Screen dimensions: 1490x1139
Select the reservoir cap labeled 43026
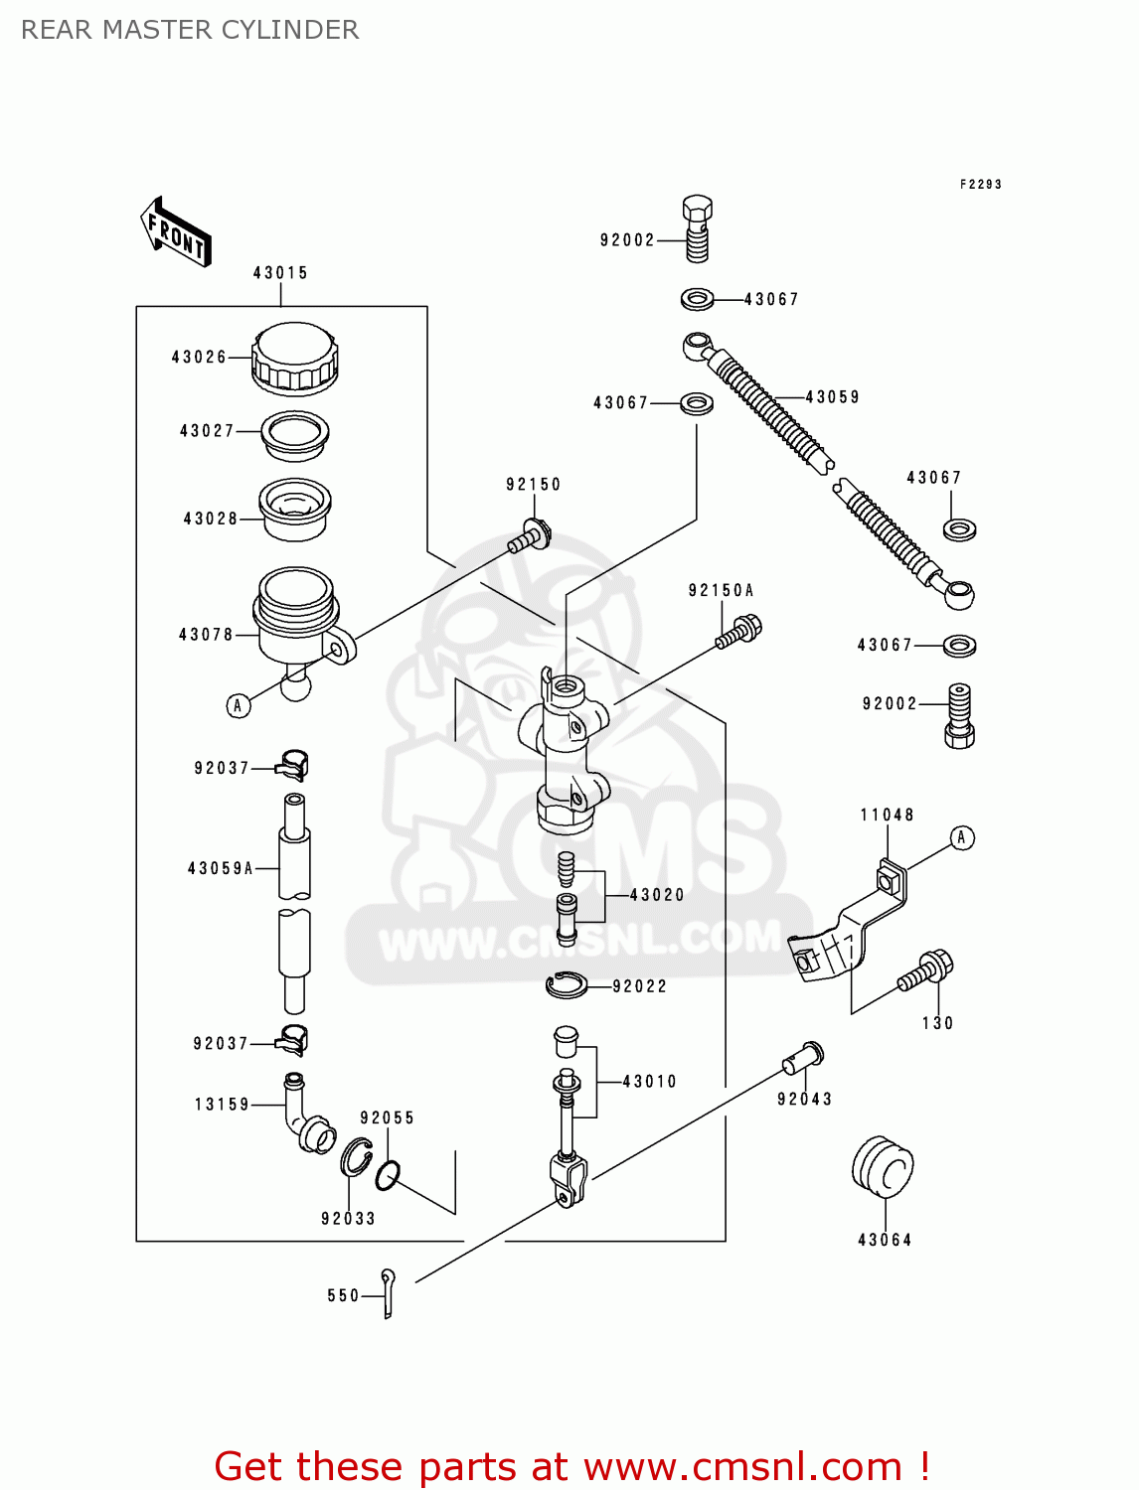[x=294, y=359]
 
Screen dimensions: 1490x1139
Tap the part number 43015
[x=280, y=272]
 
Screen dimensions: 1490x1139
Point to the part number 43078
[x=206, y=634]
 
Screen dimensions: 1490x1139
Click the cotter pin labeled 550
[x=389, y=1293]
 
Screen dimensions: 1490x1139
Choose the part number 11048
[x=887, y=815]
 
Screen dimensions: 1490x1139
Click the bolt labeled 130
[x=926, y=971]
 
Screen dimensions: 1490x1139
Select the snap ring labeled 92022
[x=567, y=985]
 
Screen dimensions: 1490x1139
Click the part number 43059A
[x=220, y=868]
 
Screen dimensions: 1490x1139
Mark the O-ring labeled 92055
[x=388, y=1176]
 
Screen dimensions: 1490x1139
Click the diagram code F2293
[x=980, y=184]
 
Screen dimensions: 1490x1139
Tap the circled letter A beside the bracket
[x=961, y=837]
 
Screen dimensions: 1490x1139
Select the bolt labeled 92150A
[x=739, y=633]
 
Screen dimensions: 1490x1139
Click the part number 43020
[x=657, y=895]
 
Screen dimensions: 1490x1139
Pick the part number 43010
[x=649, y=1082]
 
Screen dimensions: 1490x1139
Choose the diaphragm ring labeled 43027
[x=295, y=434]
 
